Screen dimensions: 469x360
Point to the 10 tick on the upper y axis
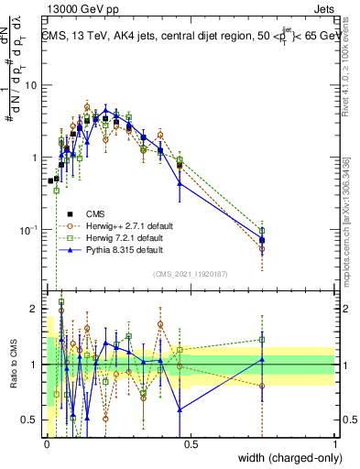pos(34,85)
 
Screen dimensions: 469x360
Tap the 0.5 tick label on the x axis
pos(191,445)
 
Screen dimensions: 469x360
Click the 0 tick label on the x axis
pos(48,445)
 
